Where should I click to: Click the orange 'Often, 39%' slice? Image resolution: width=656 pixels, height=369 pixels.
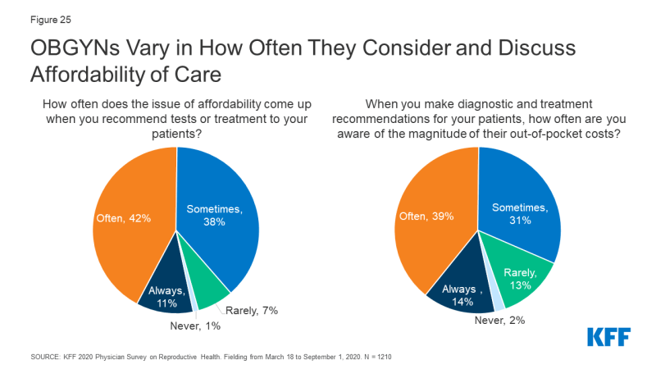click(430, 221)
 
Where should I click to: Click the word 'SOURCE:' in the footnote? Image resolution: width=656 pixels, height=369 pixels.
click(46, 358)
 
